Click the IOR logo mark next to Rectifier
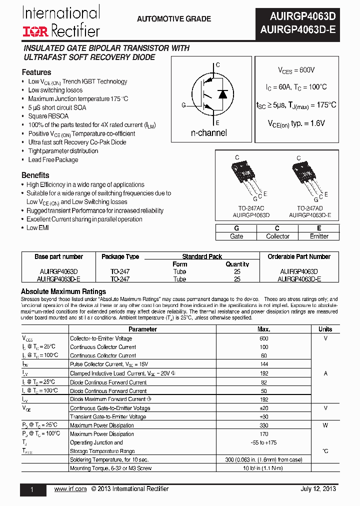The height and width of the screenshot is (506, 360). tap(35, 31)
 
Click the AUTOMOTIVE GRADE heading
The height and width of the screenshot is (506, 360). tap(174, 19)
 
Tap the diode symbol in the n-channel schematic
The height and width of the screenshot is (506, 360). tap(222, 94)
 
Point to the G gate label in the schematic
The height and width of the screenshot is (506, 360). tap(183, 105)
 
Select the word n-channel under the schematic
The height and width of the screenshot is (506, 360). tap(209, 133)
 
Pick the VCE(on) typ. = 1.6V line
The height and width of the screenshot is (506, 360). tap(296, 123)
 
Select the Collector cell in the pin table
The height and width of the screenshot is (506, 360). tap(277, 236)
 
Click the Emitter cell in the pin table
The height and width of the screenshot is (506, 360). tap(319, 236)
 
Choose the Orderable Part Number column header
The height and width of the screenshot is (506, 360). tap(299, 256)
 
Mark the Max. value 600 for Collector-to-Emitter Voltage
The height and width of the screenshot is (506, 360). tap(263, 338)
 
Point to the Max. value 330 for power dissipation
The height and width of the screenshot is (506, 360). tap(263, 425)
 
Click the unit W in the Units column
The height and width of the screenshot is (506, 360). tap(325, 425)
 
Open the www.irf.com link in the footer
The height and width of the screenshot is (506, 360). tap(70, 489)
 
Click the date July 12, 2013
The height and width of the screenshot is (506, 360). tap(318, 489)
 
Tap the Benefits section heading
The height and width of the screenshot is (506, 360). tap(35, 175)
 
